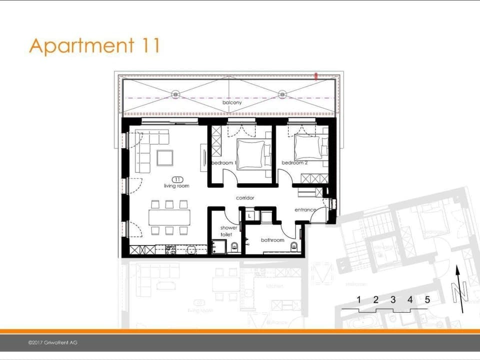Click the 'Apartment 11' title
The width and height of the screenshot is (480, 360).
94,45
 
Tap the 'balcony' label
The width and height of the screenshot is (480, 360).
232,102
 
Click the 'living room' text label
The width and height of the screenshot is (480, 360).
176,186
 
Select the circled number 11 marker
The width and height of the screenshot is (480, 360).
177,179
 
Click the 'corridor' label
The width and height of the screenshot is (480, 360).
245,198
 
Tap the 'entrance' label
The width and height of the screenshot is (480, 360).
304,210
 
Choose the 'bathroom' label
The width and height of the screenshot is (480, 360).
272,240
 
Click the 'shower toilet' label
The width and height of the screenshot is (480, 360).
225,231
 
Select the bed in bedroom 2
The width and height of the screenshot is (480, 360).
307,147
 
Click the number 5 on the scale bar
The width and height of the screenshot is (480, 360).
427,300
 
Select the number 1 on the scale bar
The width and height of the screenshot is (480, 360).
358,300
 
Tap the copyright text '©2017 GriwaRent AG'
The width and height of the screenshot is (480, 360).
52,342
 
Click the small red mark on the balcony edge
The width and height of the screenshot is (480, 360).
316,76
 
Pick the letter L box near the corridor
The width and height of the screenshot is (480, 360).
249,215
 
